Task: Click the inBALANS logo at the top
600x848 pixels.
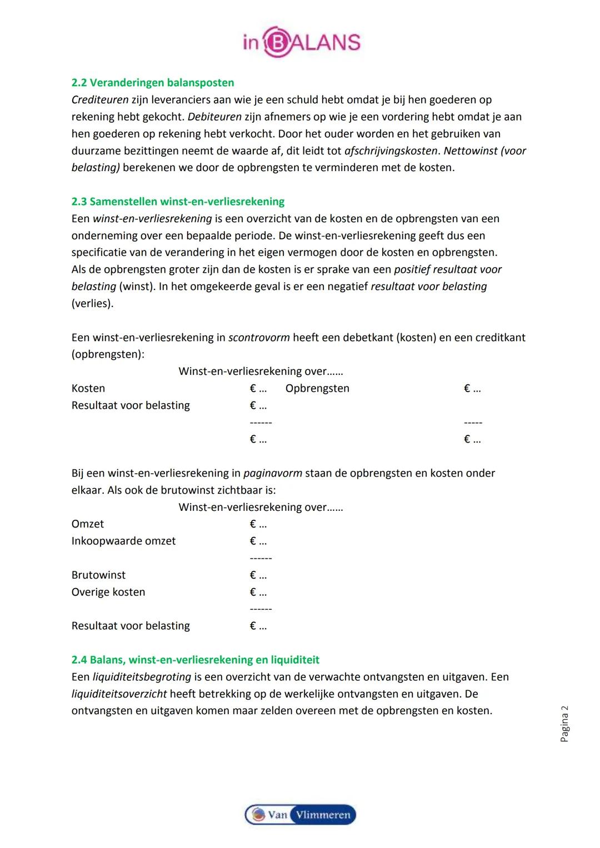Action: tap(301, 42)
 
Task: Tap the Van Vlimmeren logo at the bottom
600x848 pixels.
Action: tap(300, 815)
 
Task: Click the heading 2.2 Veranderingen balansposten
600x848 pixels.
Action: tap(153, 83)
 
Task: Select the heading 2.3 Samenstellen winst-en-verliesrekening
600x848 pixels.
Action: tap(178, 202)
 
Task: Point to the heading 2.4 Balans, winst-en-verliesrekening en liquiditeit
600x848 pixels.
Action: tap(196, 660)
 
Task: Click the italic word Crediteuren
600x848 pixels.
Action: tap(100, 100)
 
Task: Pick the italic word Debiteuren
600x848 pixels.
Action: tap(214, 117)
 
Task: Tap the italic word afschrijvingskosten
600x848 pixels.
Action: tap(391, 151)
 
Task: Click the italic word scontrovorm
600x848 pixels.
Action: tap(259, 338)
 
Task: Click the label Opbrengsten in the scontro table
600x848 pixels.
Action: tap(317, 388)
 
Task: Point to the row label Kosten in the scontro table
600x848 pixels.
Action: tap(88, 388)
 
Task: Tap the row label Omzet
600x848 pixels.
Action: tap(87, 524)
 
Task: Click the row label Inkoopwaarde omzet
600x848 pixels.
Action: tap(123, 541)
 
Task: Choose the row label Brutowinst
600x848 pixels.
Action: tap(98, 575)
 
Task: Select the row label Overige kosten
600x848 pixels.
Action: tap(108, 592)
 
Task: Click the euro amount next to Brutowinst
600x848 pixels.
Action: tap(258, 575)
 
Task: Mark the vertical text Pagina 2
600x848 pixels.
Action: tap(564, 724)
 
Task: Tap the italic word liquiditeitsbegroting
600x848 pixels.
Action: tap(142, 677)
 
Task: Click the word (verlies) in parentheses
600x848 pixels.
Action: tap(92, 304)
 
